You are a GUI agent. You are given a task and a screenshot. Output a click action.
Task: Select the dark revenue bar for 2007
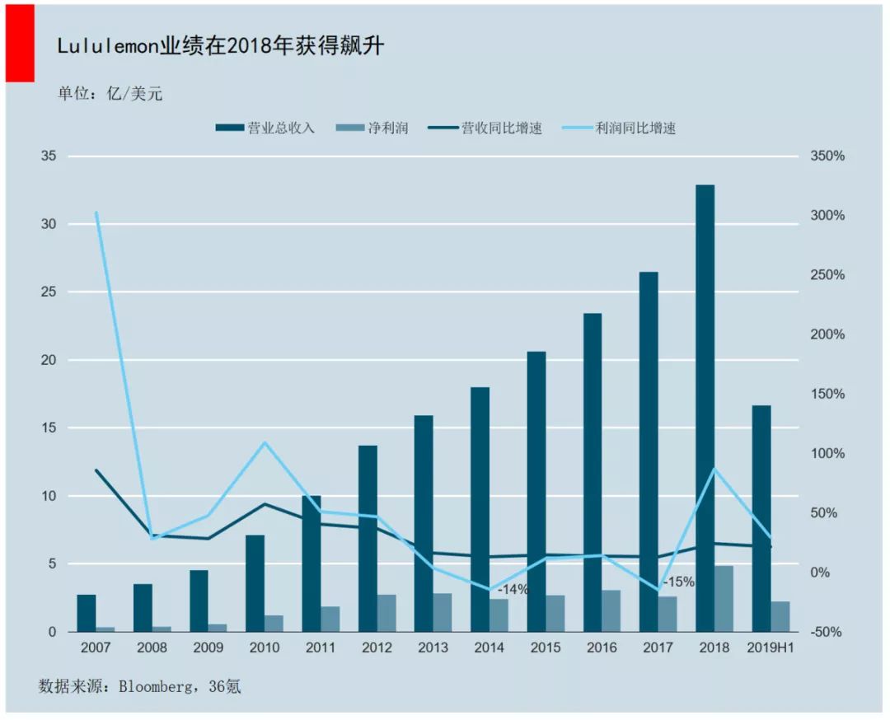coord(87,613)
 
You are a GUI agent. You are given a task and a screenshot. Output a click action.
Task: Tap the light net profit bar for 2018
coord(724,599)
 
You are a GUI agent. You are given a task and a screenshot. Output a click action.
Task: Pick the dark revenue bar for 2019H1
coord(761,518)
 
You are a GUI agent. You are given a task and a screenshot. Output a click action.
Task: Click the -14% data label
coord(513,590)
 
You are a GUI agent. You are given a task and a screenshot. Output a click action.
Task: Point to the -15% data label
coord(678,582)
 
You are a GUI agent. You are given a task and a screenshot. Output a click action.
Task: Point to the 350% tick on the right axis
coord(827,156)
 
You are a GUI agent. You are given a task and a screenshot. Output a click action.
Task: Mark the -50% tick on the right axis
coord(827,632)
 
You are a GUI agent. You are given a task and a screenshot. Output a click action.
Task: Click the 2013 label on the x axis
coord(433,648)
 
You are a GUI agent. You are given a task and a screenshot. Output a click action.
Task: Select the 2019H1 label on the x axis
coord(771,648)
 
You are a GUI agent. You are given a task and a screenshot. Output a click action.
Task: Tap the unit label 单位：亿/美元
coord(110,93)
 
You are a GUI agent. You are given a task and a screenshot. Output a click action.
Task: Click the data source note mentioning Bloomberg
coord(139,685)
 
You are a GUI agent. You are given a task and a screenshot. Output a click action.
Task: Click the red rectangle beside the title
coord(20,43)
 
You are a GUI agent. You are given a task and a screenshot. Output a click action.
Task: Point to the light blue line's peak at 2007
coord(96,213)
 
